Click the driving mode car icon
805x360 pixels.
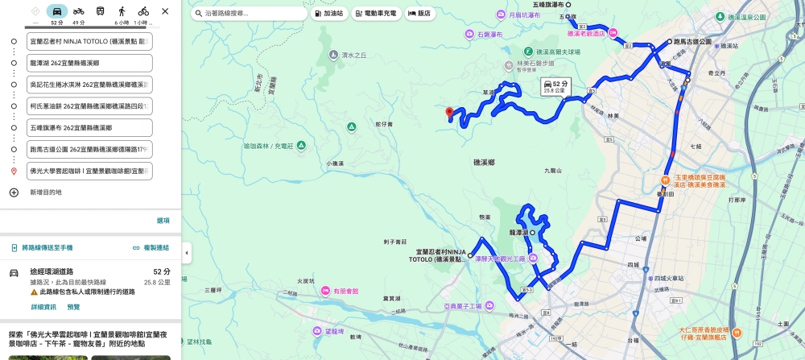pyautogui.click(x=56, y=11)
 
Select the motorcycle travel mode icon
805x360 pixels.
pyautogui.click(x=78, y=11)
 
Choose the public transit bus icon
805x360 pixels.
pyautogui.click(x=100, y=11)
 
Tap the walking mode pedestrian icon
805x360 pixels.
pyautogui.click(x=122, y=11)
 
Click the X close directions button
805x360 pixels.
pyautogui.click(x=165, y=11)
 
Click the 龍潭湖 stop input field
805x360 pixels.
pyautogui.click(x=89, y=63)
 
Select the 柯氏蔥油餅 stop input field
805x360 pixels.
pyautogui.click(x=89, y=106)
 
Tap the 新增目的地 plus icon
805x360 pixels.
pyautogui.click(x=14, y=192)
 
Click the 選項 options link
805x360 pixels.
pyautogui.click(x=163, y=221)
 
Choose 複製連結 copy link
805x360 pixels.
pyautogui.click(x=151, y=247)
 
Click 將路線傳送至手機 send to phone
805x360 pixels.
pyautogui.click(x=46, y=247)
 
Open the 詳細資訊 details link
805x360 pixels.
pyautogui.click(x=43, y=307)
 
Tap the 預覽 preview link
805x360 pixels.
pyautogui.click(x=73, y=307)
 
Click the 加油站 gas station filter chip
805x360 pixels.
pyautogui.click(x=328, y=14)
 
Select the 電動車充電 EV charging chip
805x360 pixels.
pyautogui.click(x=375, y=14)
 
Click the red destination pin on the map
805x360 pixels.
pyautogui.click(x=449, y=113)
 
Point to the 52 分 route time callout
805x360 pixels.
pyautogui.click(x=555, y=86)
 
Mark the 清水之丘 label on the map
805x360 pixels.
pyautogui.click(x=353, y=55)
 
